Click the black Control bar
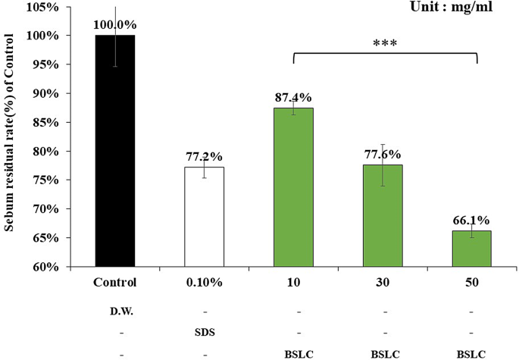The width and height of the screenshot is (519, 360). pyautogui.click(x=115, y=151)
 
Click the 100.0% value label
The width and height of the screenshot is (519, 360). pyautogui.click(x=115, y=25)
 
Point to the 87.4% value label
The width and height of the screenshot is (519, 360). pyautogui.click(x=293, y=98)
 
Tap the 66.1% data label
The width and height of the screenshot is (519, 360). pyautogui.click(x=472, y=221)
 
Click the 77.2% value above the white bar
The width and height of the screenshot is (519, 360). pyautogui.click(x=205, y=157)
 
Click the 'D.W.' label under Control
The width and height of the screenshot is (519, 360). pyautogui.click(x=115, y=311)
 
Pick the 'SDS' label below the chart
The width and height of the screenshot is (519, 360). pyautogui.click(x=205, y=332)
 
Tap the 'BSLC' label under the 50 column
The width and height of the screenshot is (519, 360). pyautogui.click(x=472, y=353)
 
